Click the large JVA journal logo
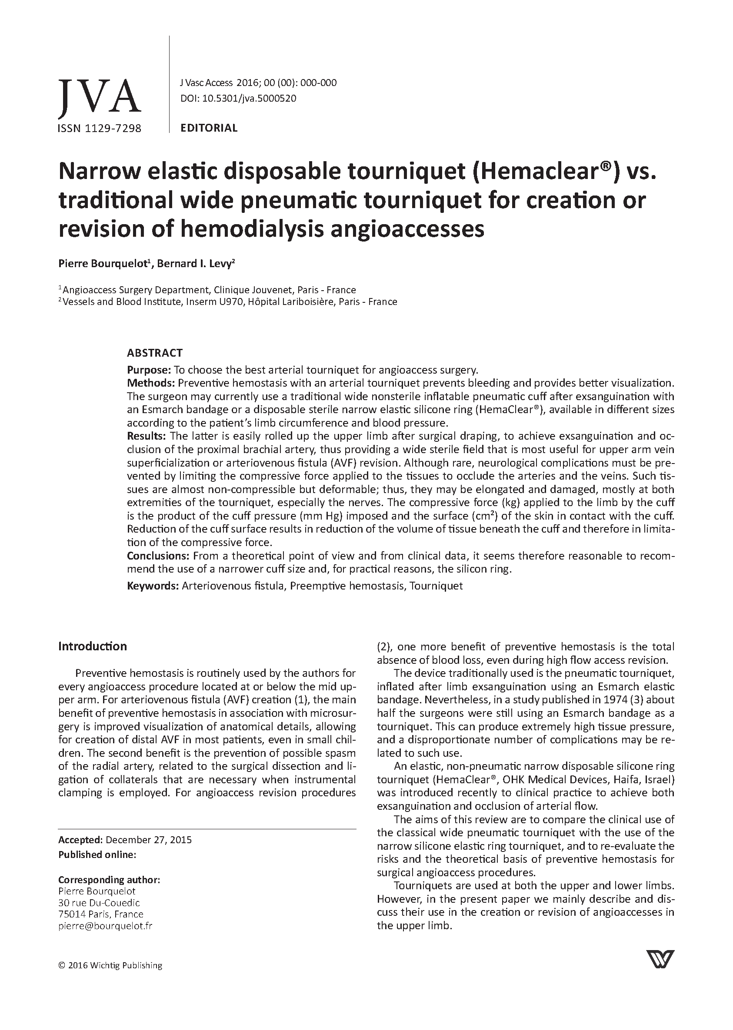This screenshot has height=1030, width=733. tap(99, 96)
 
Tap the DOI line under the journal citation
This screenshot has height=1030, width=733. tap(238, 98)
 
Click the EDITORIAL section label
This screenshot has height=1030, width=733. tap(209, 128)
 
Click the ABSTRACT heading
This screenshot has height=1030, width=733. tap(154, 353)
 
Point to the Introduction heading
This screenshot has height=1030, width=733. tap(93, 646)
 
